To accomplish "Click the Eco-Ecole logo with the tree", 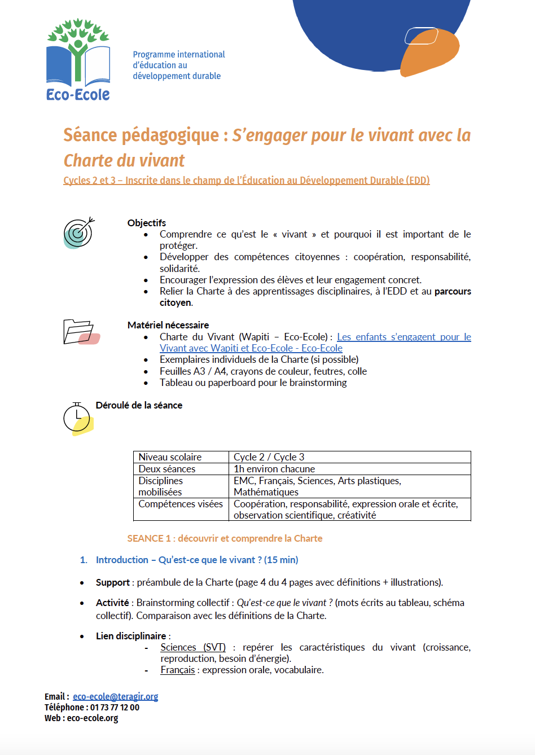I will [78, 60].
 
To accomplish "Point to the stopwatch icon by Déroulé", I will [77, 419].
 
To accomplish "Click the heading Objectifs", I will [147, 223].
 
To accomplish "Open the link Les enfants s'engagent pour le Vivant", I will [404, 337].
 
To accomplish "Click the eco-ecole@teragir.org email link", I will [115, 696].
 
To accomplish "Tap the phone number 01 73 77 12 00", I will [115, 707].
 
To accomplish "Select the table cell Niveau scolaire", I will [170, 457].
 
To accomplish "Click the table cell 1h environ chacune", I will [274, 469].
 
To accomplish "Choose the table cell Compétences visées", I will [181, 504].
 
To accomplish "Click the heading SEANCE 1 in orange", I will [225, 538].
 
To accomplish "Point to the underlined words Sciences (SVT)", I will [193, 647].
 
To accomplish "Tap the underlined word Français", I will [178, 670].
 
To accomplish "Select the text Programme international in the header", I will [179, 55].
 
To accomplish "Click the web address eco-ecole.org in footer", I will [93, 718].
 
